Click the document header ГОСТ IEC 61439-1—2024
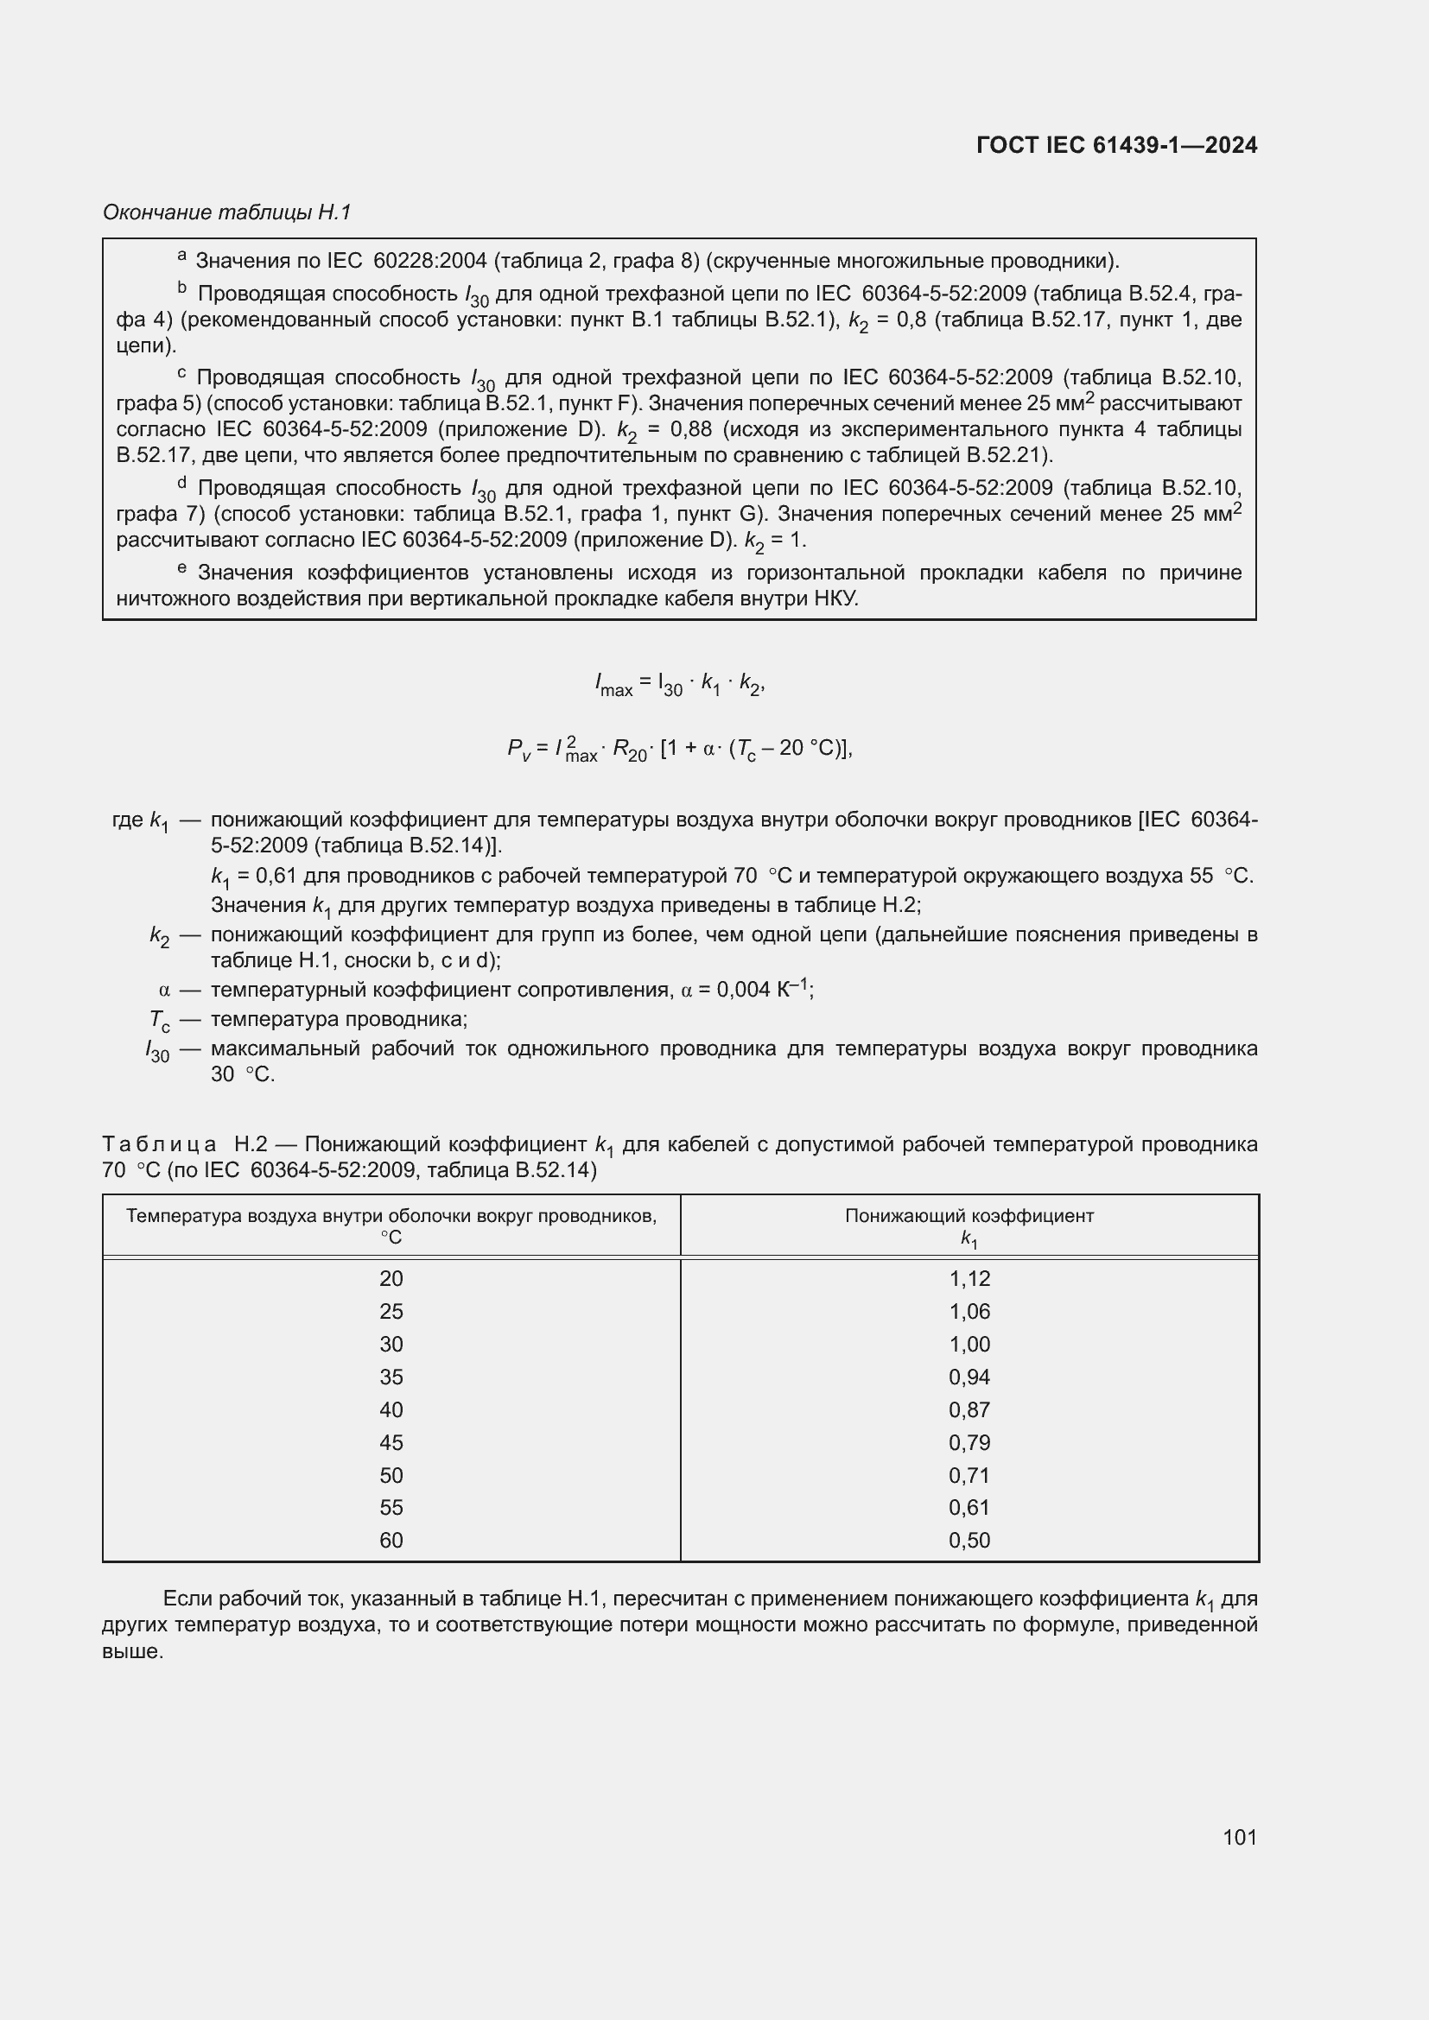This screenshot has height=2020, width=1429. (1115, 145)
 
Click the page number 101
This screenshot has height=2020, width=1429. (1239, 1837)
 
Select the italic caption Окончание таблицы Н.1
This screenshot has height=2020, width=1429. (227, 212)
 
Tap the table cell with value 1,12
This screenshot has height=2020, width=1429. (969, 1278)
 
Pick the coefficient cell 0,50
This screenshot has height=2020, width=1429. (969, 1540)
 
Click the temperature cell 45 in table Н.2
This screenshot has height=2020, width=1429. (391, 1442)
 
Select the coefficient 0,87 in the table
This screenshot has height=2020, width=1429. (969, 1409)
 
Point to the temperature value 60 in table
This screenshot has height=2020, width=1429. (391, 1540)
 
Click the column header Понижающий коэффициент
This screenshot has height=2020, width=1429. (969, 1216)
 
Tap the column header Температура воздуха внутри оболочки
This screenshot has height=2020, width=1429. (391, 1216)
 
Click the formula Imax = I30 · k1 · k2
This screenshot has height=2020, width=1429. (679, 684)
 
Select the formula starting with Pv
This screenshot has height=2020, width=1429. (679, 749)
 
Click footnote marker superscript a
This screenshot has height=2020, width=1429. (182, 255)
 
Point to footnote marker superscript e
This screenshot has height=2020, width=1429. (182, 568)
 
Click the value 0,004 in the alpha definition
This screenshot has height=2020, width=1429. (742, 990)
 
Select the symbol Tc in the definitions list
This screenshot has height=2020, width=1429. (159, 1020)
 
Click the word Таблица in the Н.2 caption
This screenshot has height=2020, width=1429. (159, 1144)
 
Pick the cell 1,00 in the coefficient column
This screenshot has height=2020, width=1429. (969, 1345)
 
